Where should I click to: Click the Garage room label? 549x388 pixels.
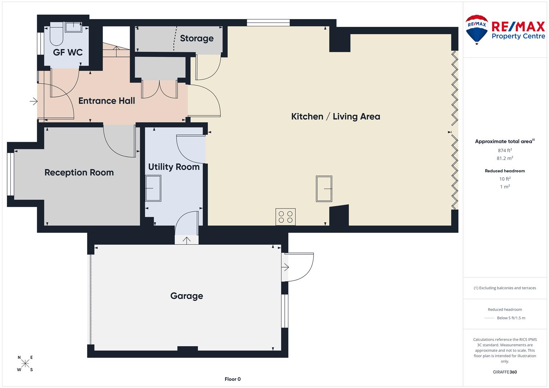coord(187,296)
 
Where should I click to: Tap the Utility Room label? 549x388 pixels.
coord(174,167)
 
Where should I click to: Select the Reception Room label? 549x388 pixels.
coord(79,172)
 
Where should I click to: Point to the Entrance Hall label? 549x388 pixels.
coord(107,101)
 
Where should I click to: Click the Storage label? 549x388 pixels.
coord(197,38)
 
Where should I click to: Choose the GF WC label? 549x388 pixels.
coord(68,52)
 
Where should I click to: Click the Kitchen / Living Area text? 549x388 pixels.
coord(335,116)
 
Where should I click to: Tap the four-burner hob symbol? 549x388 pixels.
coord(285,217)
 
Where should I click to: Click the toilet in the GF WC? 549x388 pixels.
coord(56,34)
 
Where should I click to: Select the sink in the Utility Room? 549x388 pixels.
coord(153,188)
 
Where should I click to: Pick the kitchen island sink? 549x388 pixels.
coord(324,189)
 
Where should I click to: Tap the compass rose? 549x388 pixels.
coord(25,363)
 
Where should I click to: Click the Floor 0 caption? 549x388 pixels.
coord(233,379)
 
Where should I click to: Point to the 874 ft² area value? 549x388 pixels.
coord(505,150)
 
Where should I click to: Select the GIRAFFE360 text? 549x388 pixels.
coord(505,372)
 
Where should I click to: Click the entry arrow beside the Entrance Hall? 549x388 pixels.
coord(33,101)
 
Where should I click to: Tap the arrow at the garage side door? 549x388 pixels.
coord(285,267)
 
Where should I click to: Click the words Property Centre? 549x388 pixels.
coord(518,36)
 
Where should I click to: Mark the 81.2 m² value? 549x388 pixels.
coord(505,158)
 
